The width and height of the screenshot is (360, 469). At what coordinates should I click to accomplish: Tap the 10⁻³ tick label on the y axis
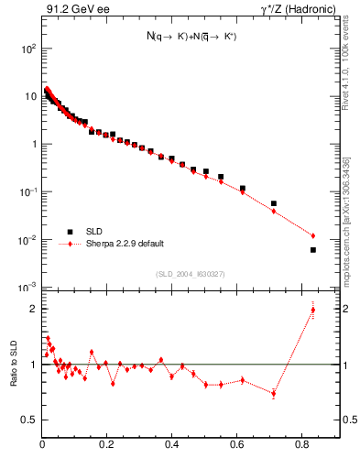point(28,288)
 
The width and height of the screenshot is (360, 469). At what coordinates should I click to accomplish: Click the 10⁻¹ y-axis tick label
point(28,192)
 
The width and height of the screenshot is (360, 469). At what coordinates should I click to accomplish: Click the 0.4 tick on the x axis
point(172,446)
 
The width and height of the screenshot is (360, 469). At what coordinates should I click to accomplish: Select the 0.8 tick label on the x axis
point(302,446)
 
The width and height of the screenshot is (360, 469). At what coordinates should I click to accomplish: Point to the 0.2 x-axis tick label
point(107,446)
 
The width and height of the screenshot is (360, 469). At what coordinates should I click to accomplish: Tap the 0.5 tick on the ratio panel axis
point(30,420)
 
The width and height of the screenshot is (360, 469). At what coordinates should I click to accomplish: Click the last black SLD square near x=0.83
point(313,249)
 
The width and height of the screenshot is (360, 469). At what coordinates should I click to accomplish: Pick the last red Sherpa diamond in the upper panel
point(313,235)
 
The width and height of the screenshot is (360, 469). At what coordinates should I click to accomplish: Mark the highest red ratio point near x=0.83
point(313,310)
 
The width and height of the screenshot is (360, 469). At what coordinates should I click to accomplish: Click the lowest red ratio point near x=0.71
point(274,394)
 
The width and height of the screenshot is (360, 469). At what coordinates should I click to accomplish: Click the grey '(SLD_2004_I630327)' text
point(190,274)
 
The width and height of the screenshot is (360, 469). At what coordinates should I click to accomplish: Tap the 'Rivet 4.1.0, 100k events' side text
point(345,65)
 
